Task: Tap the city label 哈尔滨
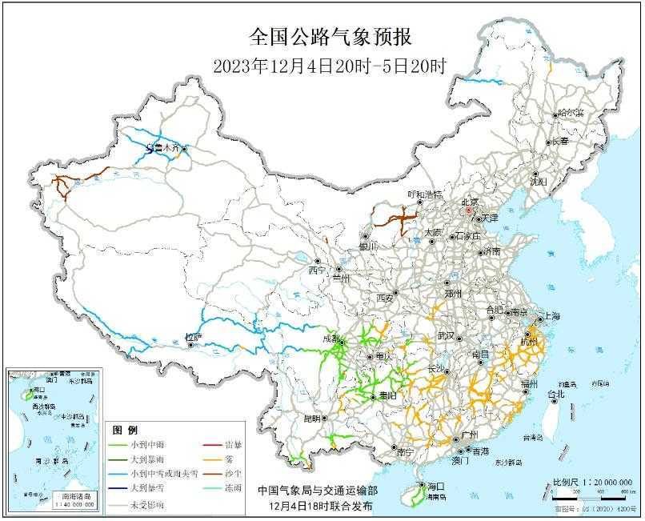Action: [x=571, y=112]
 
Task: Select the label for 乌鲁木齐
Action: [x=163, y=148]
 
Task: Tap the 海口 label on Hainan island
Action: [x=435, y=486]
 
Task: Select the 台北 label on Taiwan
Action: [x=555, y=394]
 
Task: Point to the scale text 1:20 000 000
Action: [x=599, y=483]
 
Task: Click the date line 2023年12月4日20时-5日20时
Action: [x=329, y=66]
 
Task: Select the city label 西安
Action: [x=386, y=298]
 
